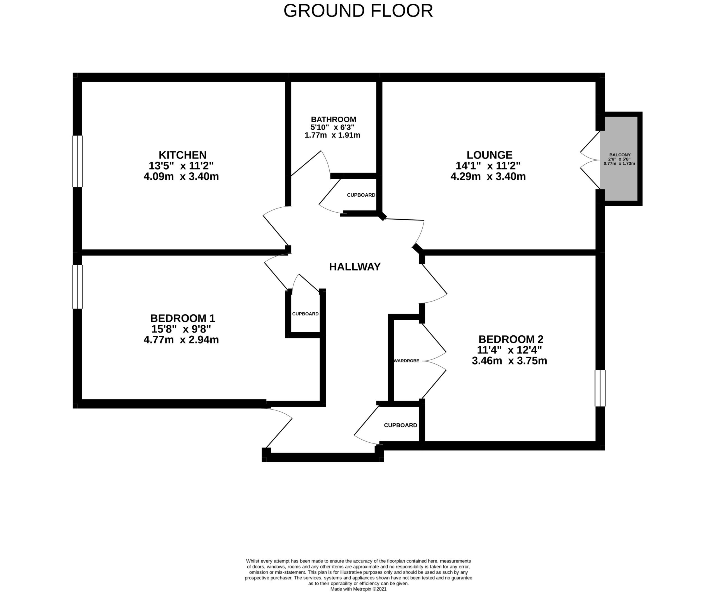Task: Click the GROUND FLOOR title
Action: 358,11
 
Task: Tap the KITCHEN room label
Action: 182,155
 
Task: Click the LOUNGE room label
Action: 489,155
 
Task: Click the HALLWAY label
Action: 355,267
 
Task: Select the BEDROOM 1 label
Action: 182,318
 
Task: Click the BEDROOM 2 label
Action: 510,339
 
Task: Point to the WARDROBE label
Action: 406,361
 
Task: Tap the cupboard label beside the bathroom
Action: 361,195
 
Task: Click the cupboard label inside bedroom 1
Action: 305,314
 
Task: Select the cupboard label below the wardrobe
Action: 400,425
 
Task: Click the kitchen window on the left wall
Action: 77,161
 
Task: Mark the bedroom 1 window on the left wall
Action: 77,287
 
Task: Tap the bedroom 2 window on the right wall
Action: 600,388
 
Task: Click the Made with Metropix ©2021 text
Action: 358,589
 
